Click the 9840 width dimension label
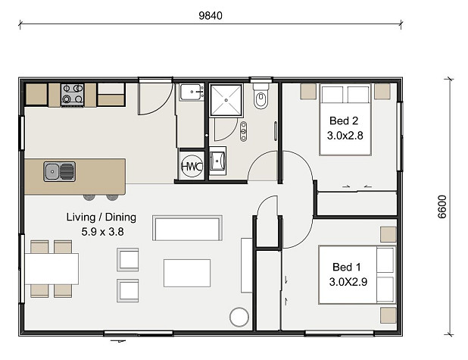(211, 15)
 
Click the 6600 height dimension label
(442, 207)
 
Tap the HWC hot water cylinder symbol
(192, 166)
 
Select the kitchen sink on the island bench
(59, 171)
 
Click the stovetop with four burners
(73, 95)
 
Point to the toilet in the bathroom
(261, 96)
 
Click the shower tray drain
(226, 100)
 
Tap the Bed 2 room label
(344, 121)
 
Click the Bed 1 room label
(347, 267)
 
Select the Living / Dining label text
(101, 218)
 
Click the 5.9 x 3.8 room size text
(102, 231)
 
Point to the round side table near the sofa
(239, 317)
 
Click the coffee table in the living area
(187, 273)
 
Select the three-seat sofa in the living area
(188, 228)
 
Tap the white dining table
(51, 268)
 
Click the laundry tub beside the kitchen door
(192, 92)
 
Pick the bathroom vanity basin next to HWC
(217, 161)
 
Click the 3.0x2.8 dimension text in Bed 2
(345, 136)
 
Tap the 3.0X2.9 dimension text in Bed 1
(348, 282)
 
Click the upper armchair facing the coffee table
(128, 260)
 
